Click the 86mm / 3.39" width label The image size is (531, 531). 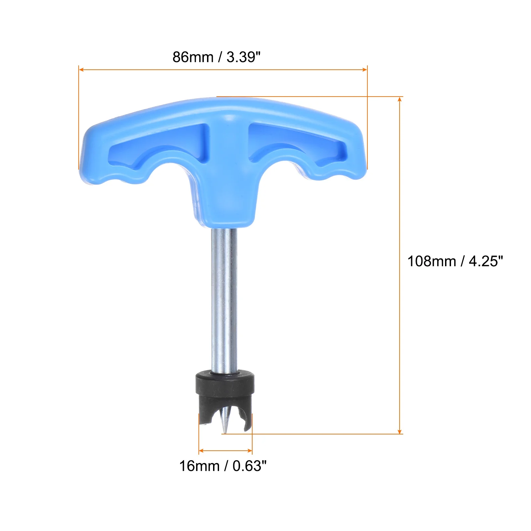pos(216,57)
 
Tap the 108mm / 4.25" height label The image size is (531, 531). pos(455,262)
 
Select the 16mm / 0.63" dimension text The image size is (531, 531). pos(223,466)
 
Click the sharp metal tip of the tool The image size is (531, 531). pos(225,431)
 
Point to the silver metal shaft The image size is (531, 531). pos(224,299)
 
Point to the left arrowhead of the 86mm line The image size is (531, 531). pos(81,70)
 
